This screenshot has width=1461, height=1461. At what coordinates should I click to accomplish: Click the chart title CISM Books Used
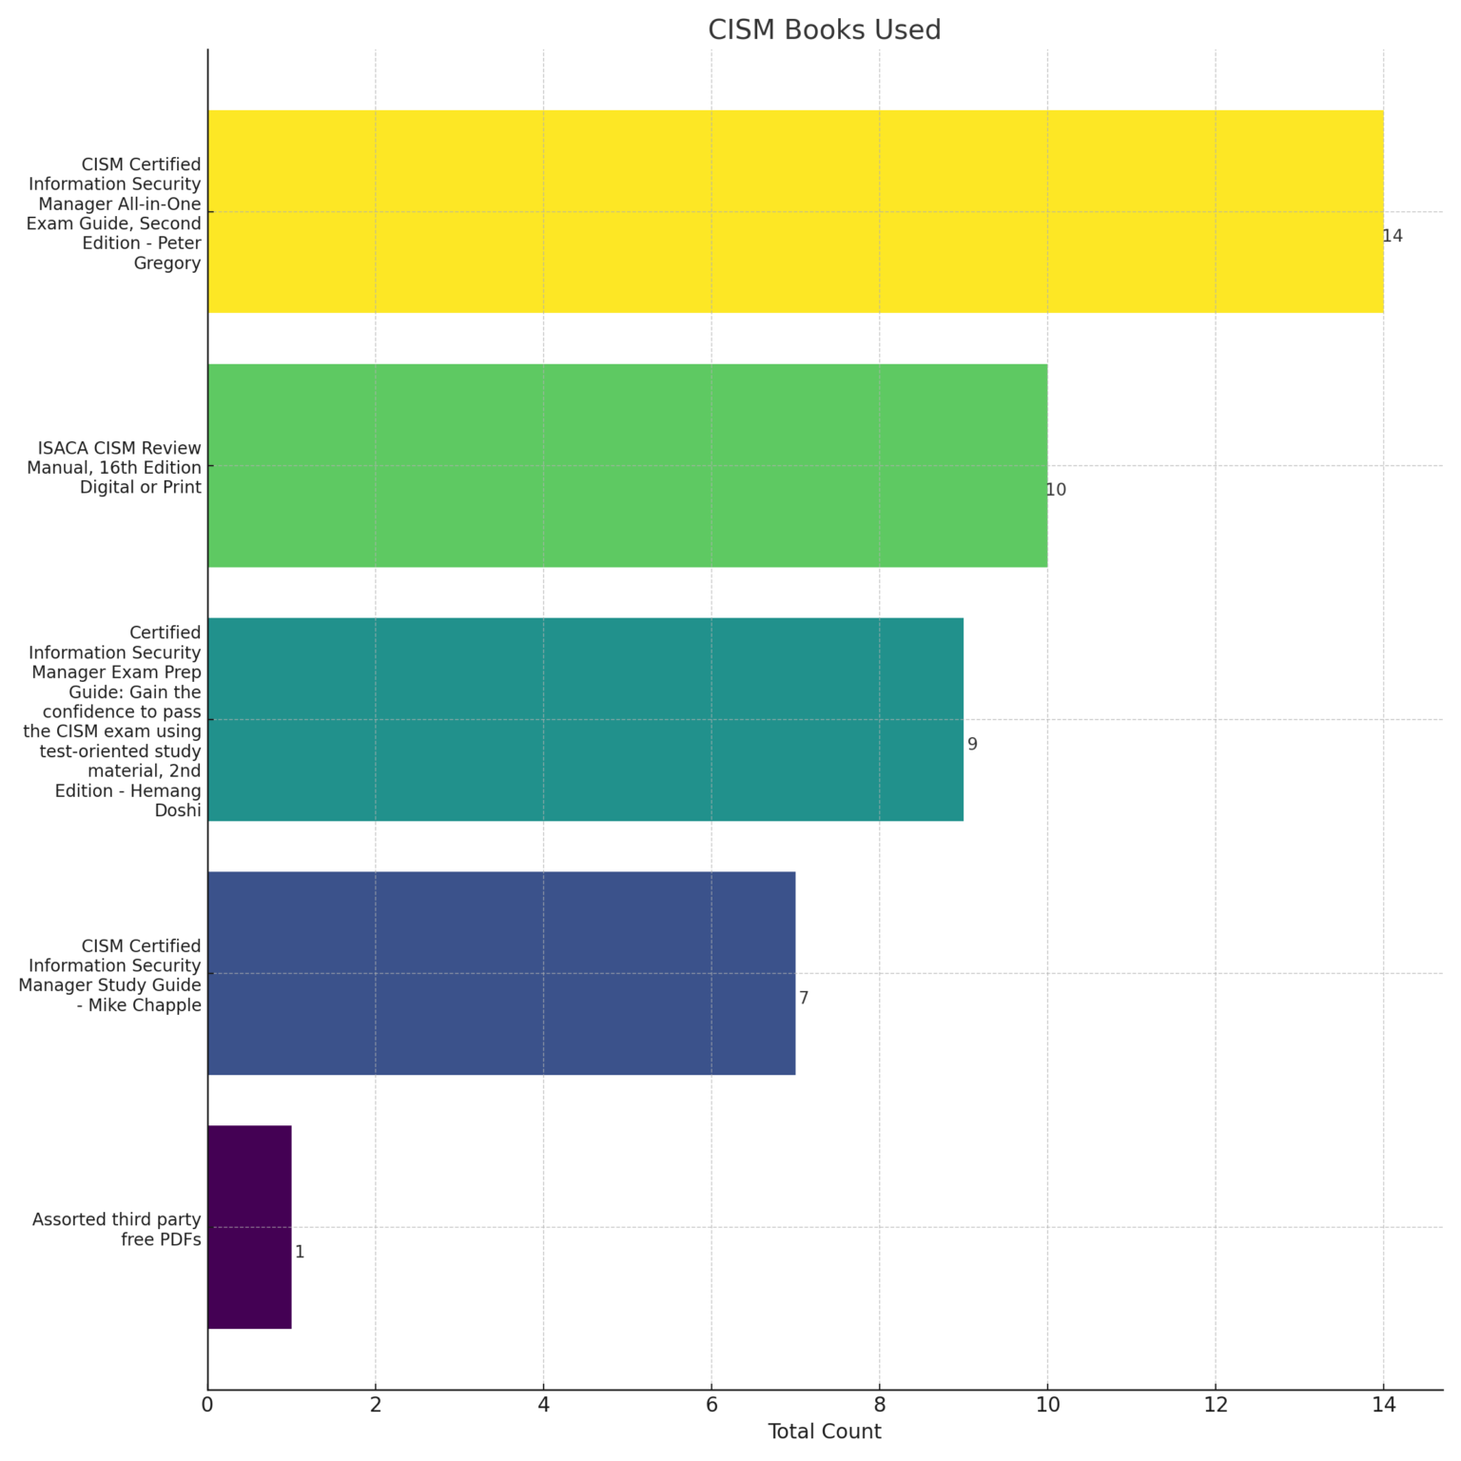(x=824, y=30)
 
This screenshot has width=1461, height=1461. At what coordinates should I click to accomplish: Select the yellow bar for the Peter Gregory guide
(x=795, y=211)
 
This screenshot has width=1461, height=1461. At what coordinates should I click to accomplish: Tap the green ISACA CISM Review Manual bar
(x=627, y=465)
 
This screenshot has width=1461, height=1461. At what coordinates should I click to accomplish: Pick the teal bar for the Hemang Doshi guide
(x=585, y=719)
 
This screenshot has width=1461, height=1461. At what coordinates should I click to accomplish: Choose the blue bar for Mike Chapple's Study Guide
(x=501, y=973)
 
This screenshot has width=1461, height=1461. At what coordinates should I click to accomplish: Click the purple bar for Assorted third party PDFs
(x=249, y=1227)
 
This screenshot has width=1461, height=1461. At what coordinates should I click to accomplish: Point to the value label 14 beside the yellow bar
(x=1393, y=236)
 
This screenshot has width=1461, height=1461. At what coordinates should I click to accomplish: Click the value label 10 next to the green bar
(x=1056, y=490)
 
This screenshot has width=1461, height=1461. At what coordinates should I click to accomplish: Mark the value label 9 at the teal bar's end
(x=972, y=744)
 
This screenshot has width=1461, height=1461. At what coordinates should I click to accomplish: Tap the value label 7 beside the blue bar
(x=804, y=998)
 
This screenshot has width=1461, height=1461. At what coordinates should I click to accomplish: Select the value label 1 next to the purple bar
(x=300, y=1252)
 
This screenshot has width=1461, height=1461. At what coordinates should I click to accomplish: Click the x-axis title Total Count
(x=824, y=1432)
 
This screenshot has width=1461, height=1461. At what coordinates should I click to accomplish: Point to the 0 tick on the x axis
(x=207, y=1404)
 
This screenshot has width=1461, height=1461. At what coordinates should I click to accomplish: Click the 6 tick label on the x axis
(x=711, y=1404)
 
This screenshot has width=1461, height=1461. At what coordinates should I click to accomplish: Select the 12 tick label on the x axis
(x=1215, y=1404)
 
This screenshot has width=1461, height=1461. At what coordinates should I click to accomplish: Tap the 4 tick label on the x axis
(x=543, y=1404)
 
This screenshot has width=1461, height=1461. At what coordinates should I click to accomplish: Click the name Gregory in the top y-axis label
(x=167, y=263)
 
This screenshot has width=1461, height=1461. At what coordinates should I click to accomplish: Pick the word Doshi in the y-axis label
(x=178, y=810)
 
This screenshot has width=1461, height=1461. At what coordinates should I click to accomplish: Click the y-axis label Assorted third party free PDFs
(x=117, y=1229)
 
